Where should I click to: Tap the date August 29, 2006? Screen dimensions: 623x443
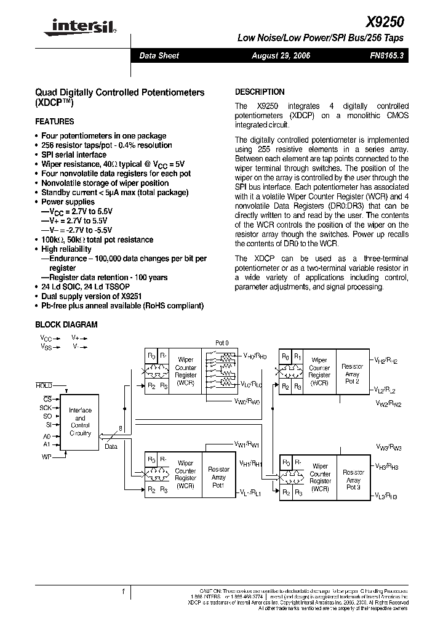(x=281, y=55)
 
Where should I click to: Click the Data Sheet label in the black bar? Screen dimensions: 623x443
(x=159, y=55)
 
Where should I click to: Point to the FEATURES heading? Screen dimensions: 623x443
(x=55, y=122)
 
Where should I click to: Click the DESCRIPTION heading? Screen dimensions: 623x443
(x=260, y=92)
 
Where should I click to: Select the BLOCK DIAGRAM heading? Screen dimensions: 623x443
(x=66, y=324)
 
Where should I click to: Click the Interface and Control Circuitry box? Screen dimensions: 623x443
(x=80, y=422)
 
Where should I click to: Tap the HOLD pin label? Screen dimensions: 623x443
(x=44, y=385)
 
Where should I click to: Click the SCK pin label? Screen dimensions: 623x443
(x=47, y=408)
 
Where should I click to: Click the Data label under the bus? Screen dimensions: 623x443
(x=111, y=446)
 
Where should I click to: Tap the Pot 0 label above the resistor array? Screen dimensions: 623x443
(x=221, y=342)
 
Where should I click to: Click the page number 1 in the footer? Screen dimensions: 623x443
(x=123, y=592)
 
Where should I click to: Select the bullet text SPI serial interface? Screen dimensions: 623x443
(x=74, y=155)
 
